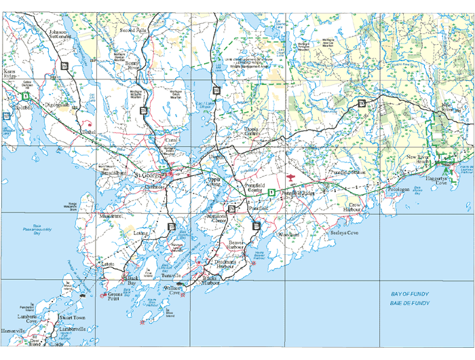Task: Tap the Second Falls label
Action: pos(133,31)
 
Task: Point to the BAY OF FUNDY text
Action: pos(410,294)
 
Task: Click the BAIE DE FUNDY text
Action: pos(410,303)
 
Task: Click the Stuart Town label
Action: pos(72,317)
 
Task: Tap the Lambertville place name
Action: pos(72,329)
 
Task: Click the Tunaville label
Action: pos(172,276)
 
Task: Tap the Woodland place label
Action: pos(288,235)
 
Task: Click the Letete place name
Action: pos(109,264)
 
